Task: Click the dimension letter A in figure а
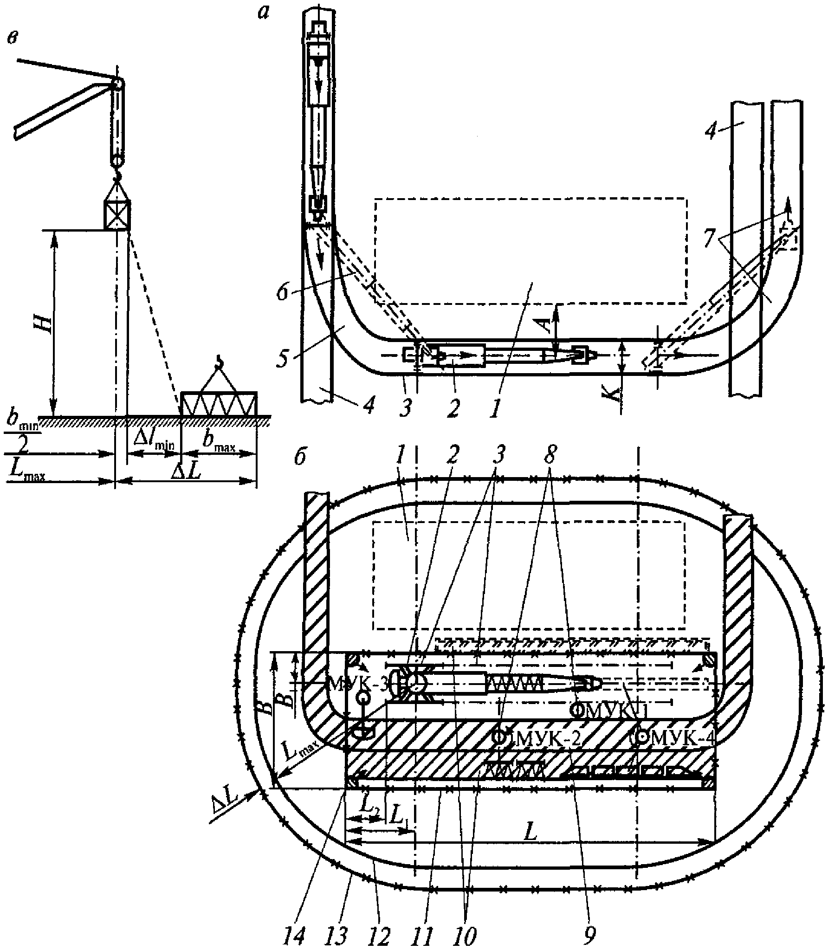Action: point(548,324)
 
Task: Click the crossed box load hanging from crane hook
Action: point(116,214)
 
